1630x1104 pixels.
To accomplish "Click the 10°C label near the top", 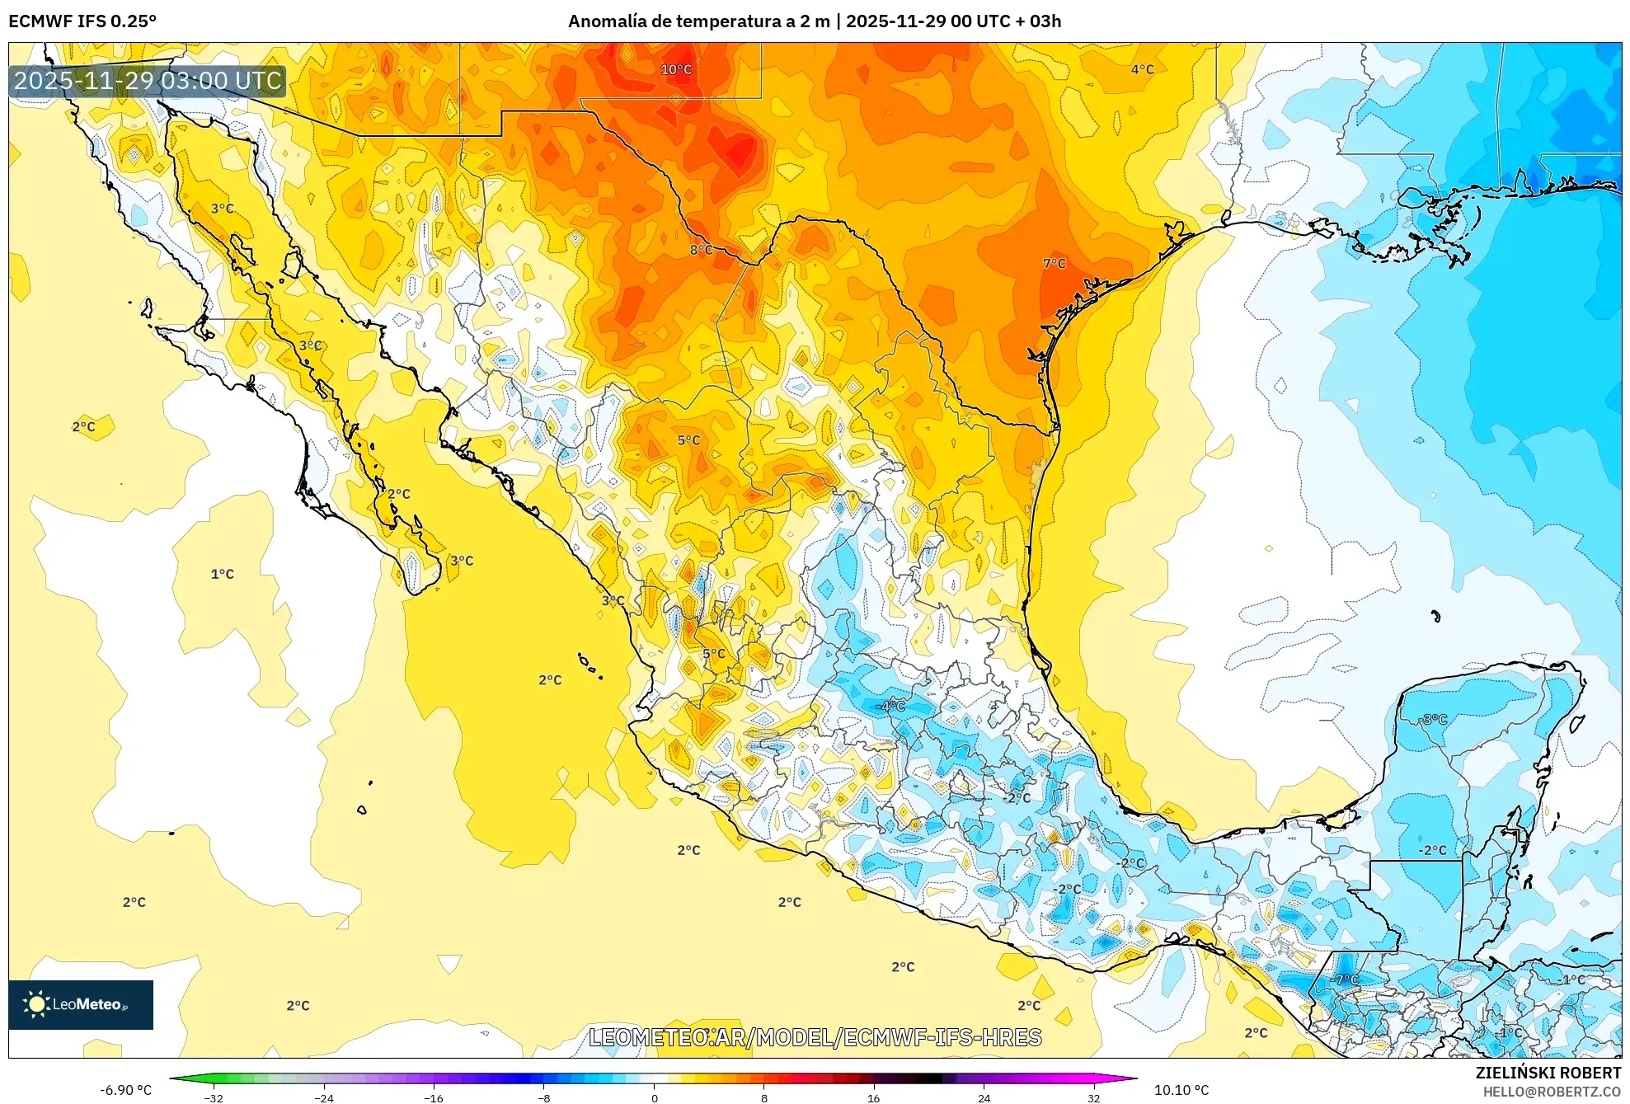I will [676, 69].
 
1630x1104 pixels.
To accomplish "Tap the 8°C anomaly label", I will [701, 250].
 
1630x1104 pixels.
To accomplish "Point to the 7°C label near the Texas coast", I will [1054, 264].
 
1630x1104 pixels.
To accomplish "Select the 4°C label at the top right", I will [1142, 69].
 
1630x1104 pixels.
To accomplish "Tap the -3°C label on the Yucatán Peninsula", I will [1434, 719].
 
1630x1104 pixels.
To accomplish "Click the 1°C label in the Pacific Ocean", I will [222, 574].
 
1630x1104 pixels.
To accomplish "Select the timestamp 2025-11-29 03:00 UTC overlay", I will [148, 81].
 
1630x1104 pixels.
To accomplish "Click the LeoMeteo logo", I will [81, 1004].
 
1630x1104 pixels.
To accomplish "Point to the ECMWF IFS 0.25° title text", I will [82, 21].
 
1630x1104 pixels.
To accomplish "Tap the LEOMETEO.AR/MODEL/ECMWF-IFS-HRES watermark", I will [815, 1037].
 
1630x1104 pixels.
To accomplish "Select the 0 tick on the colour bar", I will [654, 1097].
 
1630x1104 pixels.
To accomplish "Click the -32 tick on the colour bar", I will [214, 1097].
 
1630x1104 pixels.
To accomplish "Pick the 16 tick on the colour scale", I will [873, 1097].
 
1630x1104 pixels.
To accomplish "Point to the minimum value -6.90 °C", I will [125, 1090].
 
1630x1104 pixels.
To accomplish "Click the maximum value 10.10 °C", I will [1181, 1090].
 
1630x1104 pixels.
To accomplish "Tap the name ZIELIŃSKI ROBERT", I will [1548, 1073].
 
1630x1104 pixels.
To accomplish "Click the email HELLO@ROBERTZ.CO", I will [1552, 1092].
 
